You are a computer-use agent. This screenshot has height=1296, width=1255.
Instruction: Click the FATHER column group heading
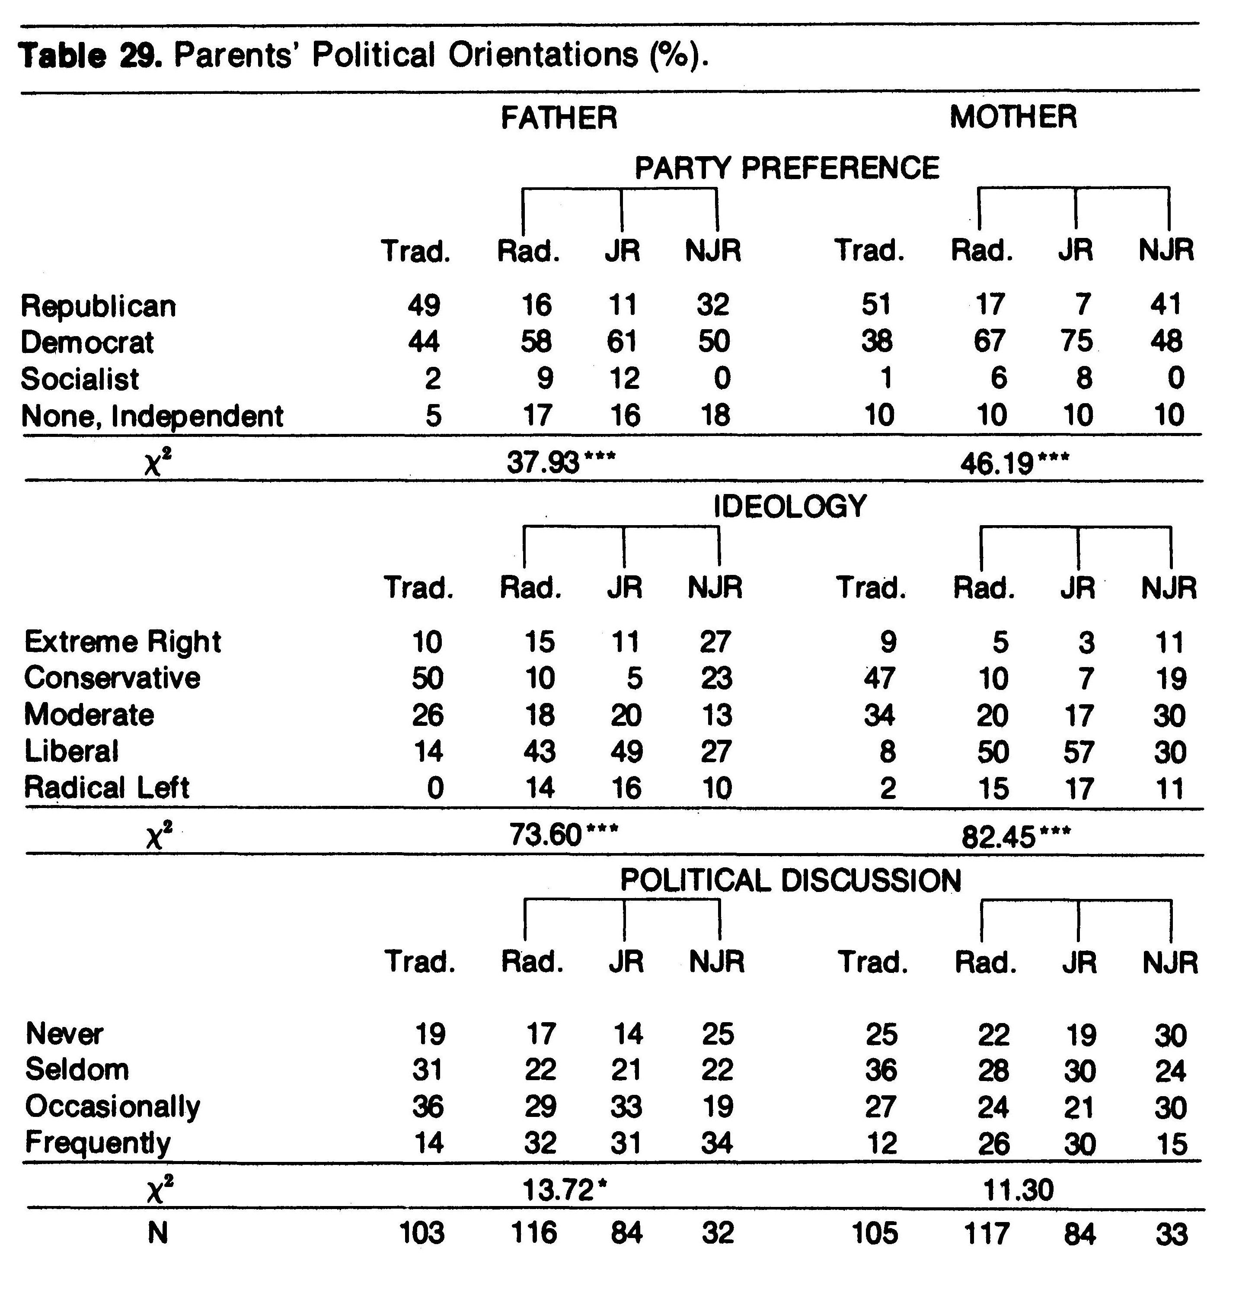pyautogui.click(x=559, y=118)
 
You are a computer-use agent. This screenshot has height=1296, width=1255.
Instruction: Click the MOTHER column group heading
pyautogui.click(x=1012, y=117)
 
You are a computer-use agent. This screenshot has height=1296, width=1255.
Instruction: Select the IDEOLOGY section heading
pyautogui.click(x=790, y=507)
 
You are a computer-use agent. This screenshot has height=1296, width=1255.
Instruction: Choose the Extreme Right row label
pyautogui.click(x=122, y=642)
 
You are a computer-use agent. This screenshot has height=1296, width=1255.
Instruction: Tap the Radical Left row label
pyautogui.click(x=106, y=788)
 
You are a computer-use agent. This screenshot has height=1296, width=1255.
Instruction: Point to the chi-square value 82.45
pyautogui.click(x=998, y=837)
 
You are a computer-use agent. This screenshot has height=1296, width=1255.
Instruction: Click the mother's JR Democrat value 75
pyautogui.click(x=1076, y=341)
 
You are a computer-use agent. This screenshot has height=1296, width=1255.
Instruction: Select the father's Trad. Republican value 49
pyautogui.click(x=424, y=305)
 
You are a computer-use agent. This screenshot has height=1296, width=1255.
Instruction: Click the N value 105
pyautogui.click(x=876, y=1233)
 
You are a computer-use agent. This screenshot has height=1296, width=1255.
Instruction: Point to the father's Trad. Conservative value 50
pyautogui.click(x=426, y=678)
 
